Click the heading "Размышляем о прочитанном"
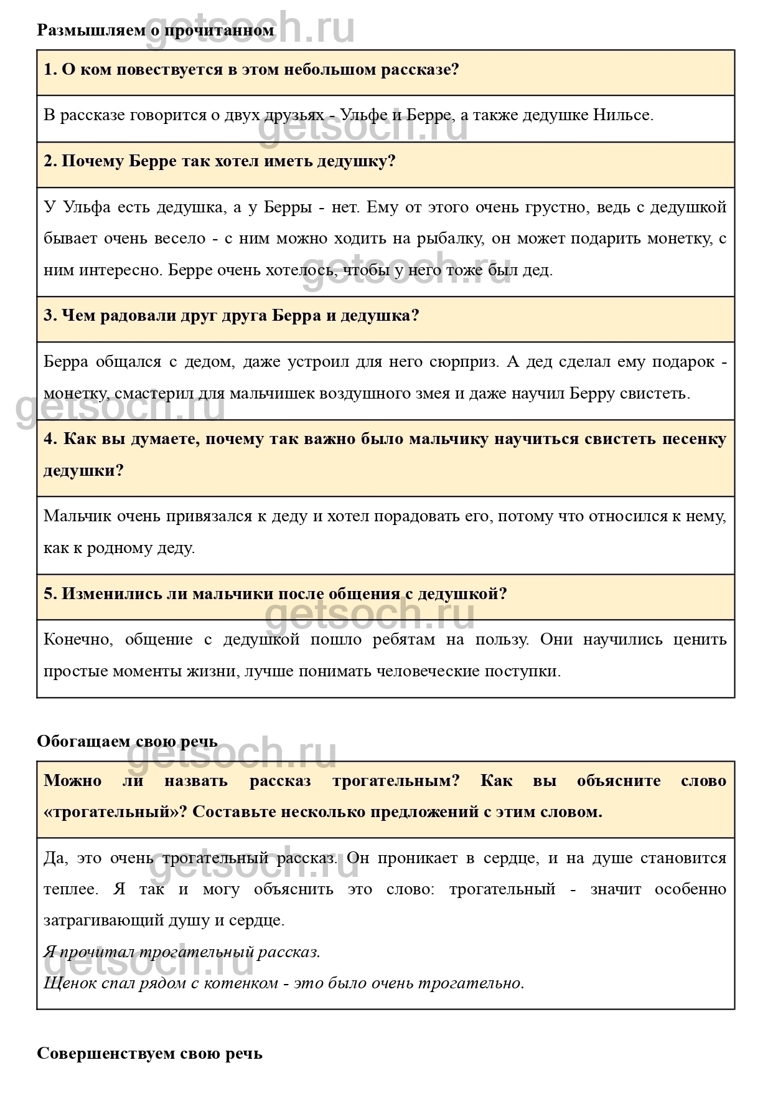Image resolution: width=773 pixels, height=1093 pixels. point(155,30)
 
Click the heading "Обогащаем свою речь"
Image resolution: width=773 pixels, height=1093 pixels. point(127,741)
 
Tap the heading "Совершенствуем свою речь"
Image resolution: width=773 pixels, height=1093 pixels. point(149,1053)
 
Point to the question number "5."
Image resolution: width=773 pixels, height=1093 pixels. point(50,594)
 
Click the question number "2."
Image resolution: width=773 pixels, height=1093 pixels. point(50,161)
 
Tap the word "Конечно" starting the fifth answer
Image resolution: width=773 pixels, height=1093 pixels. point(77,640)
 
